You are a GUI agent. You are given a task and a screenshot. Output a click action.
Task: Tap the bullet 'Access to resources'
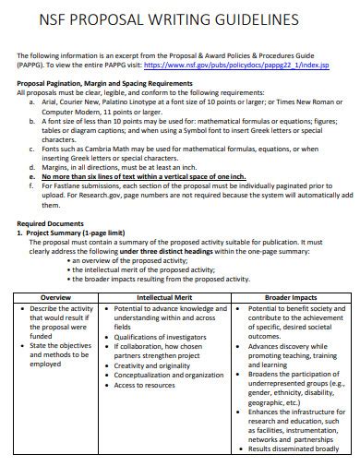tap(151, 386)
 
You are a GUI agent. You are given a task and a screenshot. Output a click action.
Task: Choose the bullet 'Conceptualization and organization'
tap(174, 376)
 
